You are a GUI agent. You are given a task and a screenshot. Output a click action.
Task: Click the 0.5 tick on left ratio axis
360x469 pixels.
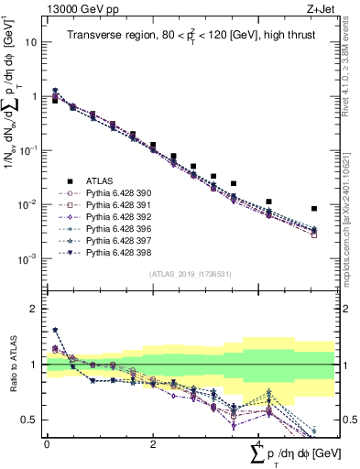click(29, 420)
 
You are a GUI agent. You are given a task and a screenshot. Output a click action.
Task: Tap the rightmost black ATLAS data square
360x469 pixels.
click(314, 209)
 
